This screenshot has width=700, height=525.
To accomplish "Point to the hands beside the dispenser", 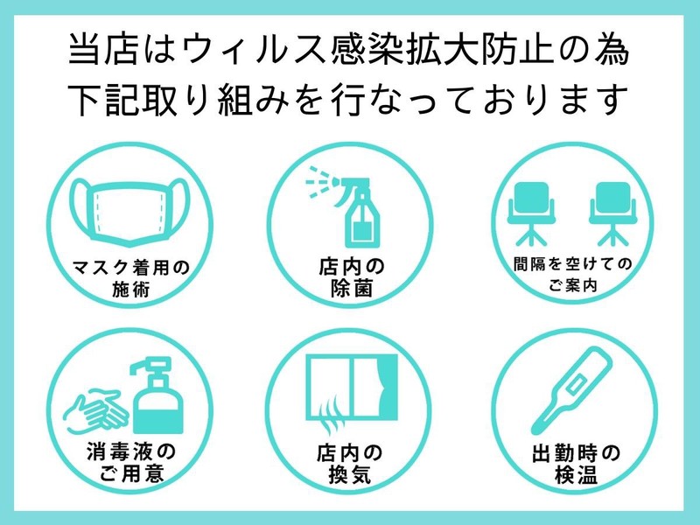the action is click(96, 411).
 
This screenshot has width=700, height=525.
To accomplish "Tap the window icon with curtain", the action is click(352, 388).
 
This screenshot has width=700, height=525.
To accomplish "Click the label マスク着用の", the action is click(130, 268).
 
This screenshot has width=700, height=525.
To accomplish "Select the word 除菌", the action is click(352, 289).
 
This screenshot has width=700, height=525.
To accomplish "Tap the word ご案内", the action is click(573, 285).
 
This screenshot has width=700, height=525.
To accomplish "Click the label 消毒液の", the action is click(130, 451).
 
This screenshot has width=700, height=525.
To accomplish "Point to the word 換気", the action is click(350, 474).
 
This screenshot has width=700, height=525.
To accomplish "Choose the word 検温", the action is click(576, 474).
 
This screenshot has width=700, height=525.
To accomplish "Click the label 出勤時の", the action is click(576, 453).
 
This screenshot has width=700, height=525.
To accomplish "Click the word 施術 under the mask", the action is click(130, 290).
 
